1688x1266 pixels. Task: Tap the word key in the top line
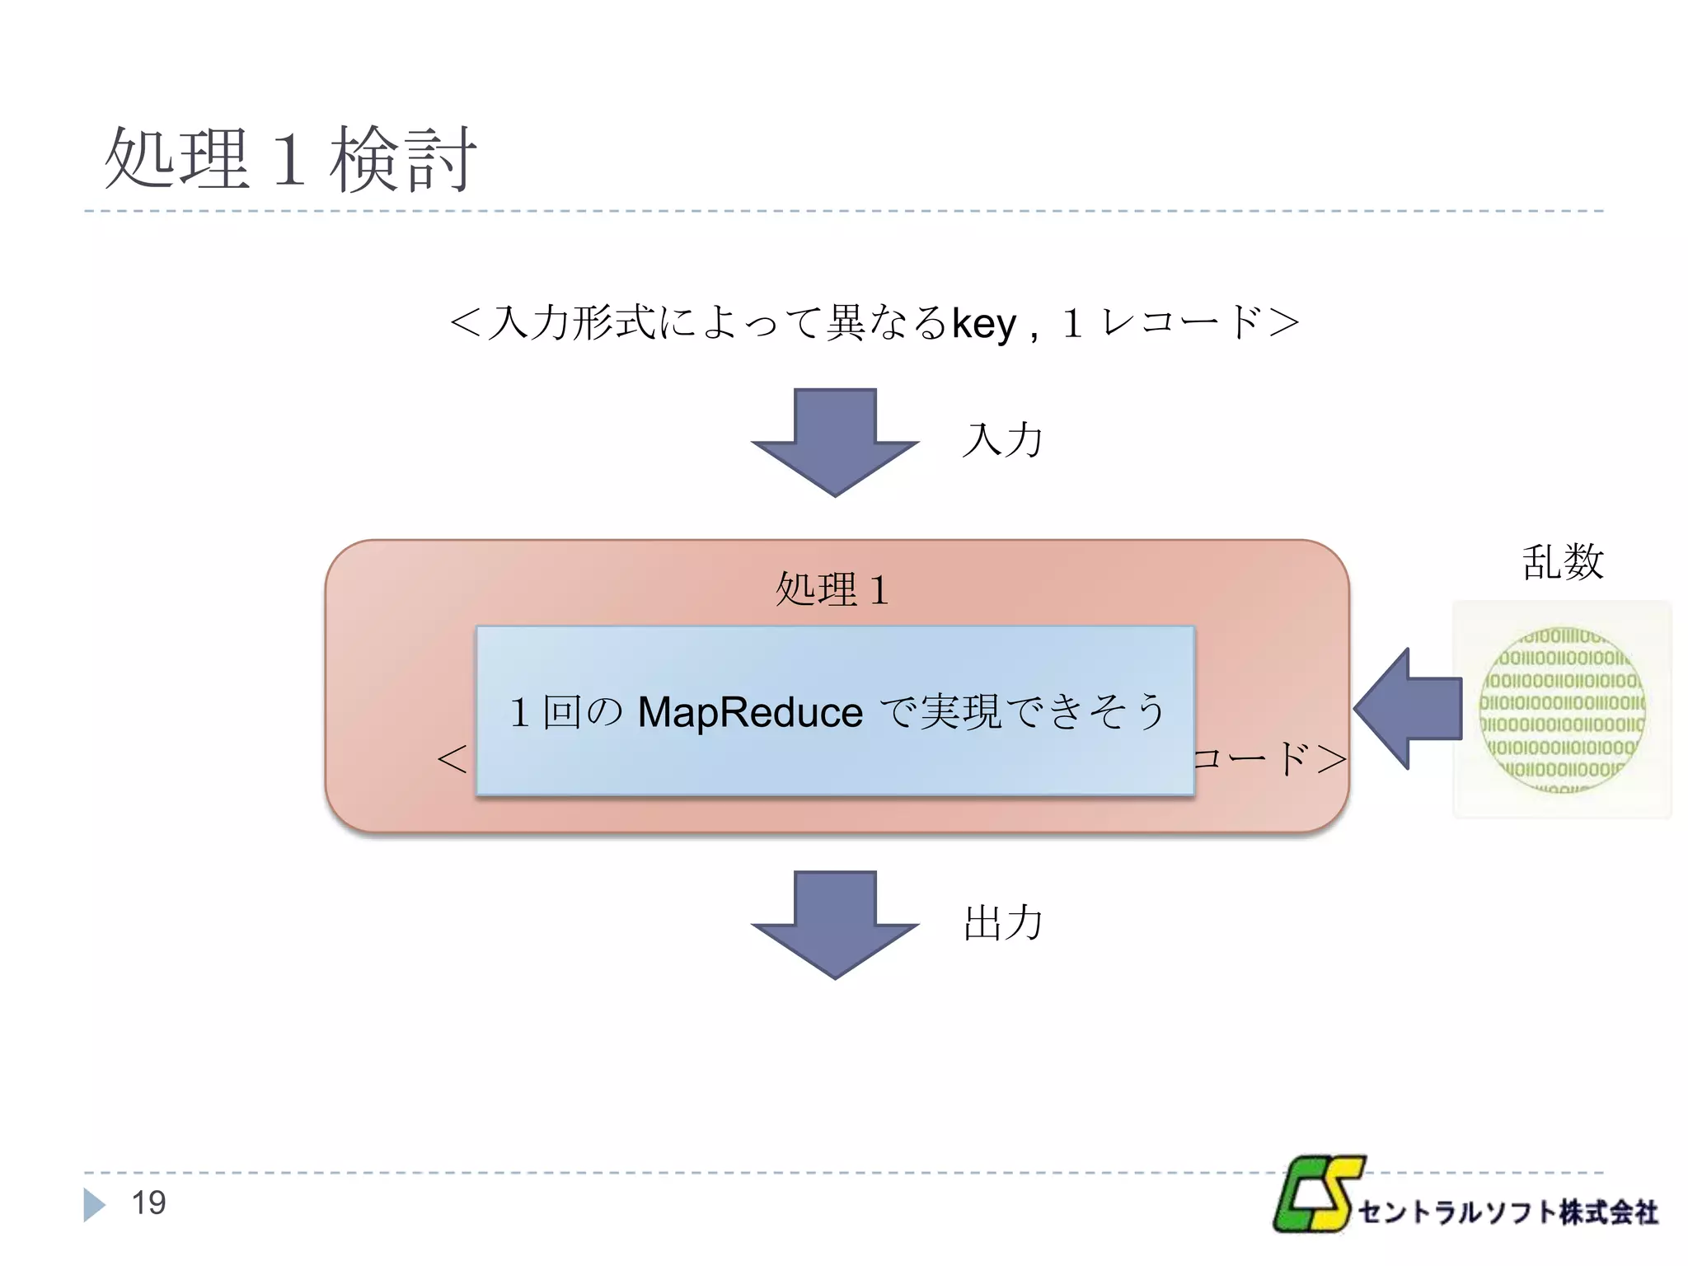(984, 323)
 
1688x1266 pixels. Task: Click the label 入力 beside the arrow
(1002, 439)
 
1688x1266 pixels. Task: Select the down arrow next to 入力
(834, 443)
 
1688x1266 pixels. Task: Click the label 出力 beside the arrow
(1002, 922)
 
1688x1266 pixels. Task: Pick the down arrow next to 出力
(834, 925)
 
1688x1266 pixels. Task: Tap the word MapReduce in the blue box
(750, 712)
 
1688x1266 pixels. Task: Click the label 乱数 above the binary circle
(1562, 562)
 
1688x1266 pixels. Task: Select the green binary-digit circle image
(1562, 710)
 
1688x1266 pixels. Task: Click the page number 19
(149, 1203)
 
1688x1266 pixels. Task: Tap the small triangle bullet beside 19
(94, 1205)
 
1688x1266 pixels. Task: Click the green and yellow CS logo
(1317, 1195)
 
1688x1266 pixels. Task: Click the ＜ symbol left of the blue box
(452, 758)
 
